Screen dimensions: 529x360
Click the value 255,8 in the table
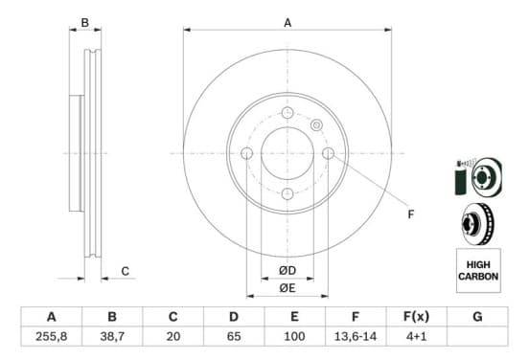(52, 336)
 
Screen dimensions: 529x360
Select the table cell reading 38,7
(112, 336)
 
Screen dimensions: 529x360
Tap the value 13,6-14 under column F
(356, 336)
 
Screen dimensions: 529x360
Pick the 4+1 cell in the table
(417, 336)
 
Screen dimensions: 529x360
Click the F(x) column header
(417, 317)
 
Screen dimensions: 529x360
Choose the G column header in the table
(477, 317)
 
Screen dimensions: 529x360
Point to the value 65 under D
(234, 336)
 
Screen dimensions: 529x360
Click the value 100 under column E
(294, 336)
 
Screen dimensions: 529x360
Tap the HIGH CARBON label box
(478, 270)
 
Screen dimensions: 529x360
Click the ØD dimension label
(287, 270)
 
